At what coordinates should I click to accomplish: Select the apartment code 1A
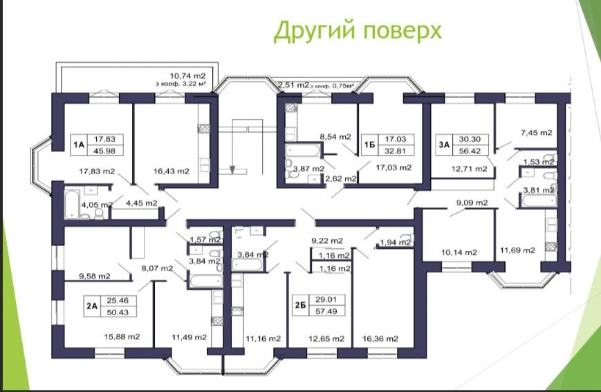coord(79,144)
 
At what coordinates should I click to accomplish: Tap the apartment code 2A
coord(92,306)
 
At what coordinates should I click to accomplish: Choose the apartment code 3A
coord(443,144)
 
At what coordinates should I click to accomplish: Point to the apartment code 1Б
coord(369,144)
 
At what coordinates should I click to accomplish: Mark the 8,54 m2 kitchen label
coord(335,136)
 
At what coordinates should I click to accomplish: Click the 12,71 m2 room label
coord(469,168)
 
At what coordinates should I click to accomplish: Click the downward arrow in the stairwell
coord(232,168)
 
